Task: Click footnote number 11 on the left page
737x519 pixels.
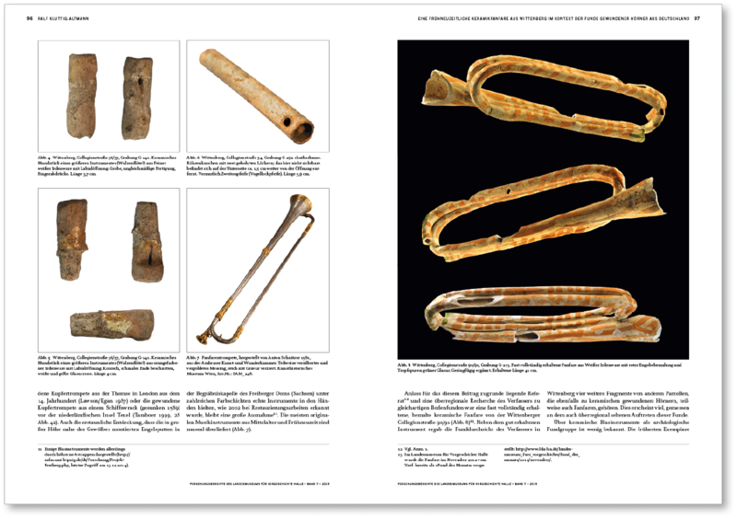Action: [x=41, y=448]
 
